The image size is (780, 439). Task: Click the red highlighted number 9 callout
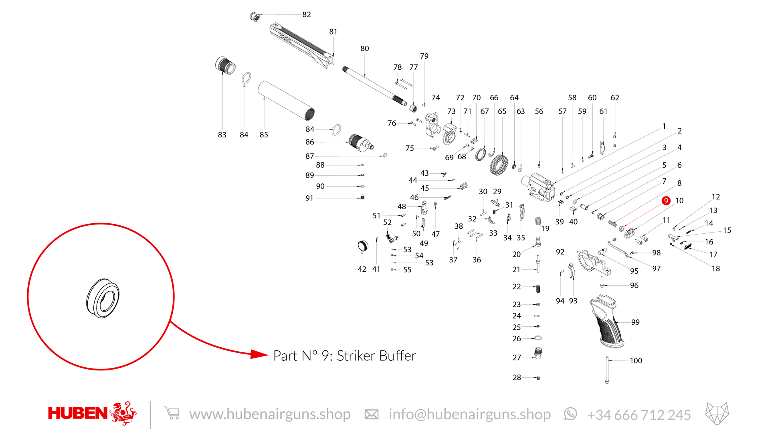click(x=666, y=201)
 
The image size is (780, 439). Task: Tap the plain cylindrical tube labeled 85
click(x=286, y=101)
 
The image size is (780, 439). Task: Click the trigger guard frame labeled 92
click(x=594, y=262)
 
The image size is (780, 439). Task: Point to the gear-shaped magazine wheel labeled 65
click(x=499, y=165)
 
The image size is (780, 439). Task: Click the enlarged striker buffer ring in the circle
click(x=103, y=298)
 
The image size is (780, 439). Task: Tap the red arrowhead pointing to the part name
click(x=259, y=354)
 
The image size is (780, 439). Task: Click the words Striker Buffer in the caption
click(x=376, y=356)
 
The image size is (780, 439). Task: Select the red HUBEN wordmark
click(x=78, y=413)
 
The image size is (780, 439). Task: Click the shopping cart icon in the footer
click(x=172, y=413)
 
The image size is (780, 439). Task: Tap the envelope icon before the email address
click(x=371, y=415)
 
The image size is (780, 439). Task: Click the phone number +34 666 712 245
click(x=639, y=415)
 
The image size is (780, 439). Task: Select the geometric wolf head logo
click(x=717, y=413)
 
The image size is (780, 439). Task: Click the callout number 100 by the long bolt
click(x=636, y=361)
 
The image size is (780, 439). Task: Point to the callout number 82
click(x=307, y=14)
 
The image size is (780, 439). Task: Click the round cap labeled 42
click(x=362, y=246)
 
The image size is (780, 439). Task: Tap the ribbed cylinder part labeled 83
click(x=225, y=65)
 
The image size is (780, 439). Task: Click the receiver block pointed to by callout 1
click(x=538, y=187)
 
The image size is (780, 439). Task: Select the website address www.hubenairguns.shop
click(x=270, y=414)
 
